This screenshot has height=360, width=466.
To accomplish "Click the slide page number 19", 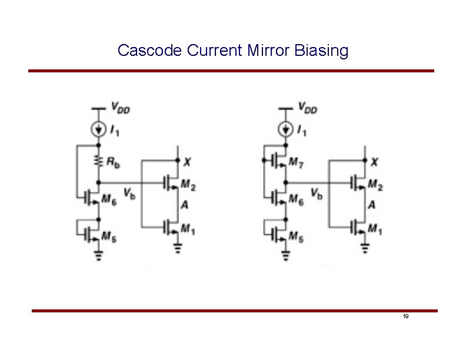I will pyautogui.click(x=405, y=317).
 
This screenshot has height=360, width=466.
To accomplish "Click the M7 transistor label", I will pyautogui.click(x=297, y=162).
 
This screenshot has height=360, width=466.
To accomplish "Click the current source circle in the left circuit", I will pyautogui.click(x=98, y=128).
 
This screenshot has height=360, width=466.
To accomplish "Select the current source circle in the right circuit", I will pyautogui.click(x=285, y=128).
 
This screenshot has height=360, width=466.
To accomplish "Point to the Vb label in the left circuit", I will pyautogui.click(x=129, y=193).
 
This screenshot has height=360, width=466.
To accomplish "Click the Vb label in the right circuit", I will pyautogui.click(x=316, y=193).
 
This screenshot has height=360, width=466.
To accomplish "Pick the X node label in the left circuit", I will pyautogui.click(x=187, y=162).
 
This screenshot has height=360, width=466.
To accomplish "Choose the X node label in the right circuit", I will pyautogui.click(x=374, y=162).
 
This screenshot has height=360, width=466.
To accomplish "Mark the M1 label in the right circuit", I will pyautogui.click(x=375, y=228).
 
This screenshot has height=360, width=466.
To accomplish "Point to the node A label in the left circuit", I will pyautogui.click(x=185, y=205).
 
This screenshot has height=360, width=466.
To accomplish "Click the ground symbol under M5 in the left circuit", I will pyautogui.click(x=98, y=255).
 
